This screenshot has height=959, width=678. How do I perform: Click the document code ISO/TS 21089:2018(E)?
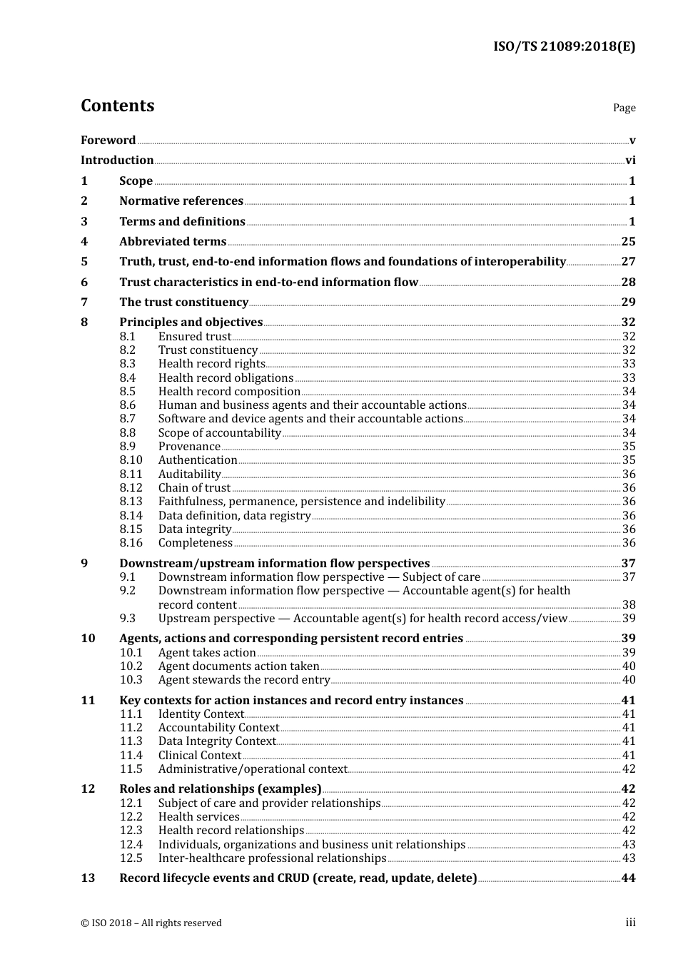click(564, 46)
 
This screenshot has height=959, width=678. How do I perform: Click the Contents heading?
click(117, 106)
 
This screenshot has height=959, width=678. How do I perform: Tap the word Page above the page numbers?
click(624, 108)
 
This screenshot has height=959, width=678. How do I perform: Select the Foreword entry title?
click(108, 141)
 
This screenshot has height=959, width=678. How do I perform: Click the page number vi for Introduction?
click(630, 161)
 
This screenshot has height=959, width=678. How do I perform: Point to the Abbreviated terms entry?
click(173, 242)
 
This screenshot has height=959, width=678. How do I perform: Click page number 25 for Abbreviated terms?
click(628, 242)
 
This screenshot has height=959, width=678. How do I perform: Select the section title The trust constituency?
click(183, 303)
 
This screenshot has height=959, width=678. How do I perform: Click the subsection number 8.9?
click(128, 447)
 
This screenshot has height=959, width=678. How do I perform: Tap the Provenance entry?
click(189, 447)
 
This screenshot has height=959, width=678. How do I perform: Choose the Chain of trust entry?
click(194, 488)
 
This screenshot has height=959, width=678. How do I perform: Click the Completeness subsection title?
click(196, 543)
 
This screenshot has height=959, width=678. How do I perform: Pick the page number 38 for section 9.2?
click(629, 604)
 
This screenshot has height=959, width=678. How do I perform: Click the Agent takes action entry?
click(207, 653)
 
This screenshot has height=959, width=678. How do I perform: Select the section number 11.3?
click(131, 741)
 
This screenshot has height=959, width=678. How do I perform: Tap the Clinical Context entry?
click(200, 756)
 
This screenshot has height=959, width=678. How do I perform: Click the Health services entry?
click(198, 817)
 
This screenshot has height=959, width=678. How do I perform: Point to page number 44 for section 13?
click(628, 878)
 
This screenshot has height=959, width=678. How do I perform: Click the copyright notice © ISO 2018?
click(151, 923)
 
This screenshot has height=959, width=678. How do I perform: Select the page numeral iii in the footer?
click(630, 923)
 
